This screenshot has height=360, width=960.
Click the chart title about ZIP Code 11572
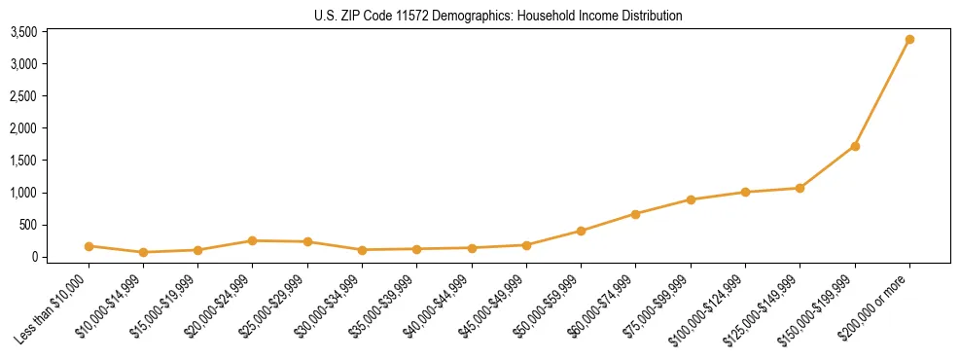click(x=498, y=16)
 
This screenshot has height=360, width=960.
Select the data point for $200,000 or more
click(x=909, y=39)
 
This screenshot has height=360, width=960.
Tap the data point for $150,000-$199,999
click(x=855, y=146)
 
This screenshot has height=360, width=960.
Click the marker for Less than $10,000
click(x=89, y=246)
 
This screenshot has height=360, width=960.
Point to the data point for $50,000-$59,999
click(x=581, y=231)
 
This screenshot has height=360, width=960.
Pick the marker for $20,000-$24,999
click(x=252, y=240)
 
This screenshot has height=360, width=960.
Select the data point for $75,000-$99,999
click(x=691, y=199)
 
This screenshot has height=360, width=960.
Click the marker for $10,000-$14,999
click(x=143, y=252)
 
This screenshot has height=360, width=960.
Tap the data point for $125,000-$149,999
click(x=800, y=188)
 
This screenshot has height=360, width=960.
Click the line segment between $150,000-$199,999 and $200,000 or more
click(x=882, y=92)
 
